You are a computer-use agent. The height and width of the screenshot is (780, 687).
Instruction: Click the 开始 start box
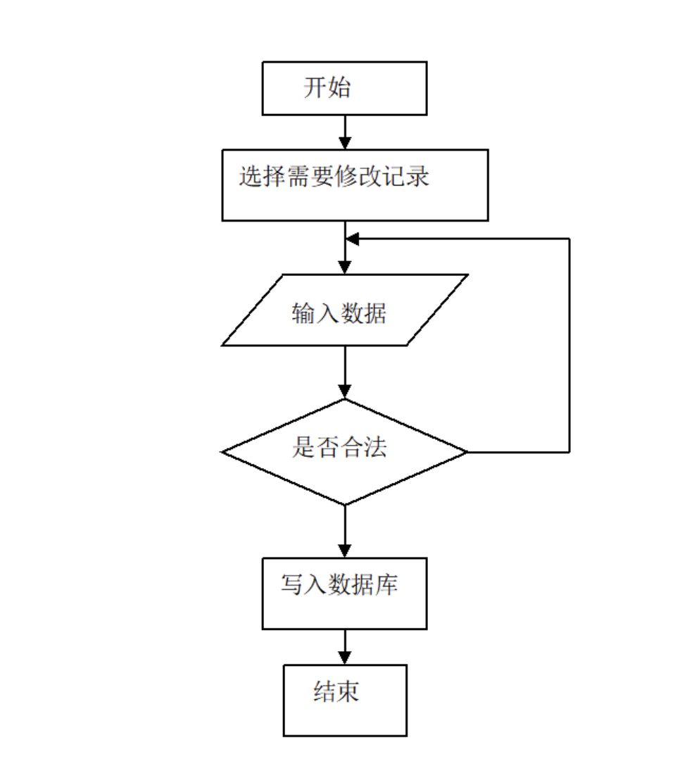click(x=344, y=88)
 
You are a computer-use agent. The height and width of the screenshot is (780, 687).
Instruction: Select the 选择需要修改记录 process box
click(x=355, y=185)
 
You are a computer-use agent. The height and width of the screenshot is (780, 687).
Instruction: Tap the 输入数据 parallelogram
click(x=344, y=310)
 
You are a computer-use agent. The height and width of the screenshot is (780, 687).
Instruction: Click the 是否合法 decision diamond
click(x=344, y=451)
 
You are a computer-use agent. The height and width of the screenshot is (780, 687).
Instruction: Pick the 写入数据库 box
click(x=344, y=593)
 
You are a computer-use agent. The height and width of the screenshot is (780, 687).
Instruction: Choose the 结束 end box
click(x=345, y=700)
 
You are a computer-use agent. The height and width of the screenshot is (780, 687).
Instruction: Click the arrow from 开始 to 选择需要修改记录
click(x=345, y=132)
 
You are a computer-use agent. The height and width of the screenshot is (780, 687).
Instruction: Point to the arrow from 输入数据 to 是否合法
click(x=345, y=372)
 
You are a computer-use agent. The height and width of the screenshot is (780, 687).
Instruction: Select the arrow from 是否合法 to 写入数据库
click(x=345, y=531)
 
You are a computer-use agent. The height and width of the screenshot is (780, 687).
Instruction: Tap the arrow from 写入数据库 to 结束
click(x=345, y=647)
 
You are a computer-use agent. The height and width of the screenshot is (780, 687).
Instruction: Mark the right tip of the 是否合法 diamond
click(x=467, y=451)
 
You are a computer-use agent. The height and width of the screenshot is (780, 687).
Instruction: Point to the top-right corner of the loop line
click(x=569, y=239)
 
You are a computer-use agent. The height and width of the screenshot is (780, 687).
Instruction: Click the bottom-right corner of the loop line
click(x=569, y=451)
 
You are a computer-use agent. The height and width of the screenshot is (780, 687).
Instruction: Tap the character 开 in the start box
click(x=315, y=88)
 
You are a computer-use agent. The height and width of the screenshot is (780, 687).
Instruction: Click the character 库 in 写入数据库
click(x=386, y=584)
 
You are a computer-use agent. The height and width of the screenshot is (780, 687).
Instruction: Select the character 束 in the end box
click(x=348, y=692)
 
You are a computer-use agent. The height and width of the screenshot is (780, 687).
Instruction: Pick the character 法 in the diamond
click(x=374, y=448)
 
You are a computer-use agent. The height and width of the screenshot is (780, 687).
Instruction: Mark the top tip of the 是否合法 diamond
click(x=345, y=400)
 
